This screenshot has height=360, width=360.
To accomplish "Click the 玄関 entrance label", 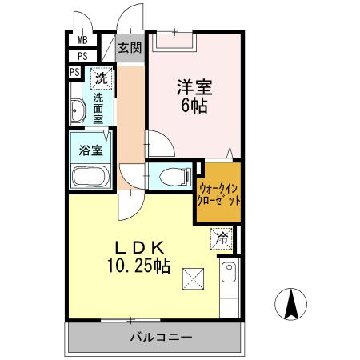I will [130, 47].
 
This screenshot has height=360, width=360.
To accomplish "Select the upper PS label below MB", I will [82, 56].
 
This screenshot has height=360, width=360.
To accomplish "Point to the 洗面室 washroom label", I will [98, 106].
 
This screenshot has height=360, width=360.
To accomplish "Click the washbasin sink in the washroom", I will [77, 110].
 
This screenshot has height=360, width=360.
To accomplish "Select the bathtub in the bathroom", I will [90, 175].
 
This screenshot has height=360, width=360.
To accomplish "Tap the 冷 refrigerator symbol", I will [222, 237].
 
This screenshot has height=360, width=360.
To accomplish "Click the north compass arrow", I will [293, 302].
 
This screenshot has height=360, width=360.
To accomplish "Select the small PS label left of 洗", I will [74, 72].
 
